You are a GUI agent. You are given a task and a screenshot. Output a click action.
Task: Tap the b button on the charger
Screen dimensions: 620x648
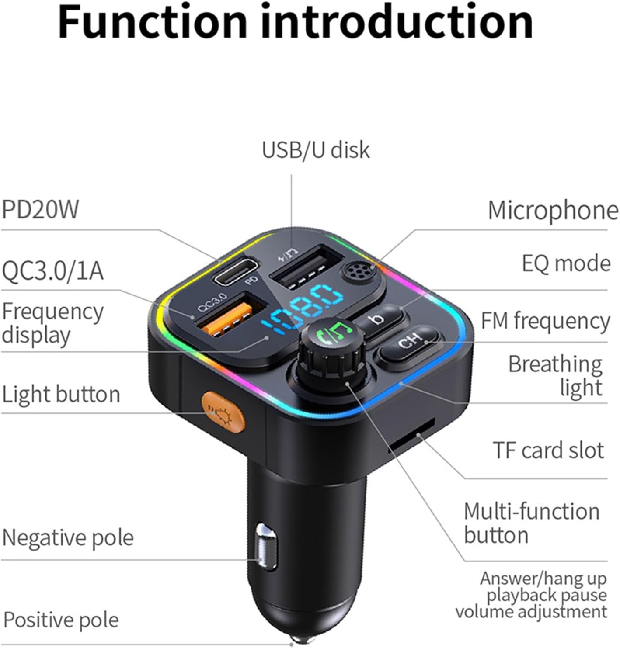[379, 320]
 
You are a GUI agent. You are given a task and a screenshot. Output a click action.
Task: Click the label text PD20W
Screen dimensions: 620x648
[40, 210]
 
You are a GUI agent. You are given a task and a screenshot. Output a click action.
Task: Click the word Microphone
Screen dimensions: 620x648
[553, 211]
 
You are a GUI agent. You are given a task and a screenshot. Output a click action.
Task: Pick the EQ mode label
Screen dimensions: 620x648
[566, 264]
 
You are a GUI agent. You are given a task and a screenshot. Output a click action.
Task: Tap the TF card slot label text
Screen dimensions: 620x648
[548, 450]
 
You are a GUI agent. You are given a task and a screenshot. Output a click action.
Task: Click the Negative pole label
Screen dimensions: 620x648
[68, 537]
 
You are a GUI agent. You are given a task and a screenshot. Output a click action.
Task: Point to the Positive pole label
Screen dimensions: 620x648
[61, 620]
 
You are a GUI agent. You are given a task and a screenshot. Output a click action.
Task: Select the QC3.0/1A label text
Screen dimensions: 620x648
[52, 271]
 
